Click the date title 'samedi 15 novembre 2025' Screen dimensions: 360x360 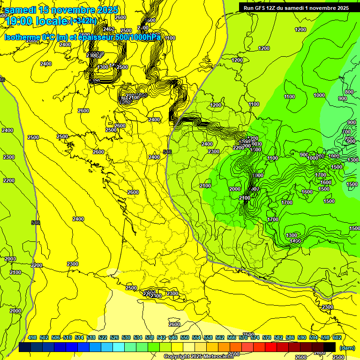tap(61, 10)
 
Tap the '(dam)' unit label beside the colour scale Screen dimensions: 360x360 tap(346, 347)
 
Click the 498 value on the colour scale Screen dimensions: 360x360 tap(32, 337)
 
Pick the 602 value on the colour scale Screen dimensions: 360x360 tap(337, 337)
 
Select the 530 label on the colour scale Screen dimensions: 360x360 tap(126, 337)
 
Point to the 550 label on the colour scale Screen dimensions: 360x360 tap(185, 337)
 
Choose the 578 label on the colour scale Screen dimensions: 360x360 tap(267, 337)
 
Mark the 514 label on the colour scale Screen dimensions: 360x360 tap(79, 337)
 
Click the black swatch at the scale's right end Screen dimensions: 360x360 tap(330, 347)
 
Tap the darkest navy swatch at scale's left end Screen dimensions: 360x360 tap(25, 347)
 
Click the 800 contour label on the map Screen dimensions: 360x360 tap(349, 92)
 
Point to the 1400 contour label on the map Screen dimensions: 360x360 tap(295, 241)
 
